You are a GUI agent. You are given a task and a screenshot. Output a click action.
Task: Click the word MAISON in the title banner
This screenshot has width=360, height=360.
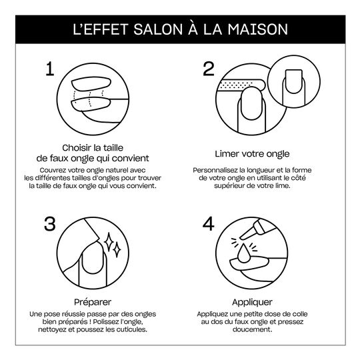point(257,29)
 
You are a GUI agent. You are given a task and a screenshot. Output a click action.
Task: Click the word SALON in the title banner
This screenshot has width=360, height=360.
point(158,29)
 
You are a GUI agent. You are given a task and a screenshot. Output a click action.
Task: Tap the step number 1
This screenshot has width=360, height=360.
point(50,69)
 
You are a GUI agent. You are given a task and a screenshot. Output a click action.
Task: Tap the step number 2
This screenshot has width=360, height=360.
point(209,69)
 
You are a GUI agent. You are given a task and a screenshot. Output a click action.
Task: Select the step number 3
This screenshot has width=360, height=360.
point(50,224)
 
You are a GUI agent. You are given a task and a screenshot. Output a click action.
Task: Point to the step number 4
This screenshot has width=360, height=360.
point(209,224)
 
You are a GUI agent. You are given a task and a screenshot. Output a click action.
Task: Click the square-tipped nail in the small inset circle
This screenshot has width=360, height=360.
point(293,81)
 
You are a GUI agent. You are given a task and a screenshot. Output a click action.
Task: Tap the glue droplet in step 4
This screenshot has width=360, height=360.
point(243,253)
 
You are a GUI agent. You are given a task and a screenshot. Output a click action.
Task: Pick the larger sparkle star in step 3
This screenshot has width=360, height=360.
point(109,242)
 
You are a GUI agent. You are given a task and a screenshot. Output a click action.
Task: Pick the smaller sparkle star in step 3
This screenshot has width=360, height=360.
point(117,250)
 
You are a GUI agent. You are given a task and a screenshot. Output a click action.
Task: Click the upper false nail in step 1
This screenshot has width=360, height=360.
point(91,84)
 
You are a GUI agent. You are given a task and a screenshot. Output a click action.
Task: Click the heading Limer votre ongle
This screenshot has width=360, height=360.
point(252,154)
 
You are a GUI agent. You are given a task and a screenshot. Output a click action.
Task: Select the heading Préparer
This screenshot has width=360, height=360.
point(93,302)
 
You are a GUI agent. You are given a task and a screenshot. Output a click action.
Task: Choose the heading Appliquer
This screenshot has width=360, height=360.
point(252,302)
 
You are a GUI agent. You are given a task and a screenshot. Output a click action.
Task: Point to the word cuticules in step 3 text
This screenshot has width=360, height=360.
point(132,329)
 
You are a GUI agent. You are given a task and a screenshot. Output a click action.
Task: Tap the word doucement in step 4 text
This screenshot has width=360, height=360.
point(252,329)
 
